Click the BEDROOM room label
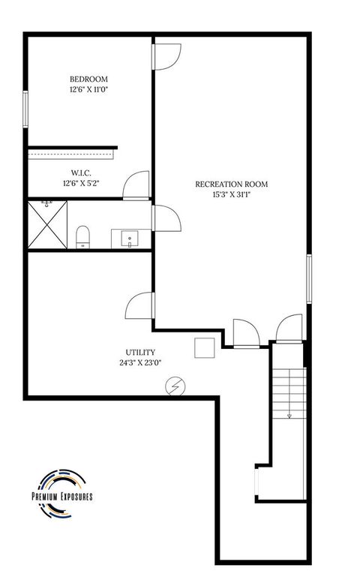tap(88, 79)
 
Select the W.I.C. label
tap(82, 172)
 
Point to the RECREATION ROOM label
tap(231, 184)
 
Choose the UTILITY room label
tap(140, 352)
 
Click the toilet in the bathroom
tap(82, 237)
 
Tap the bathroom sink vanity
tap(130, 239)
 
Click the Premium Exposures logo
tap(61, 495)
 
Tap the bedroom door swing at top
tap(166, 57)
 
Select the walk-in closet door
tap(137, 185)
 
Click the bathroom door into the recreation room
tap(165, 220)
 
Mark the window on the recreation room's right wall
tap(308, 278)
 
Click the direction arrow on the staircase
tap(288, 414)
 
